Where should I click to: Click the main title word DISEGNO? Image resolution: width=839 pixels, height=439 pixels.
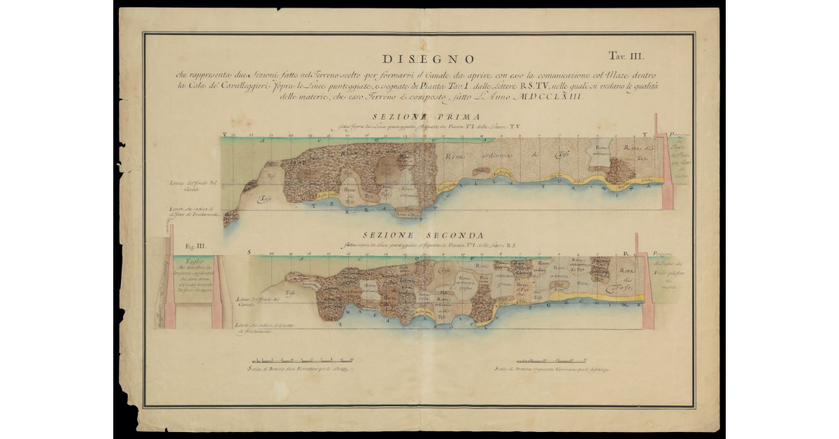click(429, 59)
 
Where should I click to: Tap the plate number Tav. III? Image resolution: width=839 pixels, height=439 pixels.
click(630, 55)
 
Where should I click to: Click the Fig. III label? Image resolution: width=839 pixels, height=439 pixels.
click(195, 245)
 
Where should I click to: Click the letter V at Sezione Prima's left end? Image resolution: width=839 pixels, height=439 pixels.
click(224, 133)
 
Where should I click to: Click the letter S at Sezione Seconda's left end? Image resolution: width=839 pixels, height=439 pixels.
click(250, 251)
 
